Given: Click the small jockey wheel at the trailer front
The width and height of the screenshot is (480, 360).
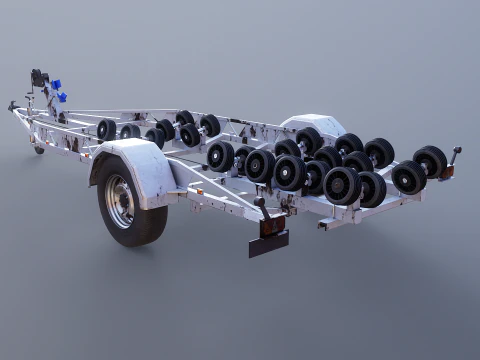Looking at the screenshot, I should click(x=38, y=149).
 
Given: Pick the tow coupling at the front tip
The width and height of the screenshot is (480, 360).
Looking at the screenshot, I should click(x=13, y=105).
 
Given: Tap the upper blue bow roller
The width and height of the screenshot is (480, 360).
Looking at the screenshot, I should click(x=57, y=84).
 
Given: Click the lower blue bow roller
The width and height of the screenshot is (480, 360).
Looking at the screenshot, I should click(x=62, y=97).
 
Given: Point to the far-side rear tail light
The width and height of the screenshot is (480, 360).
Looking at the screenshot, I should click(x=447, y=172).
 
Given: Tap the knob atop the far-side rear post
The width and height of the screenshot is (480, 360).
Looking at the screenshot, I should click(x=458, y=151).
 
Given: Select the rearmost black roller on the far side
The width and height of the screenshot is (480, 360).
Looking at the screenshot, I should click(x=432, y=160).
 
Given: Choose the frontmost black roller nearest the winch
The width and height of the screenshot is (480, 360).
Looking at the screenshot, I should click(x=106, y=129).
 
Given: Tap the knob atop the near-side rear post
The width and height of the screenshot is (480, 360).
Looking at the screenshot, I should click(x=261, y=200).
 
